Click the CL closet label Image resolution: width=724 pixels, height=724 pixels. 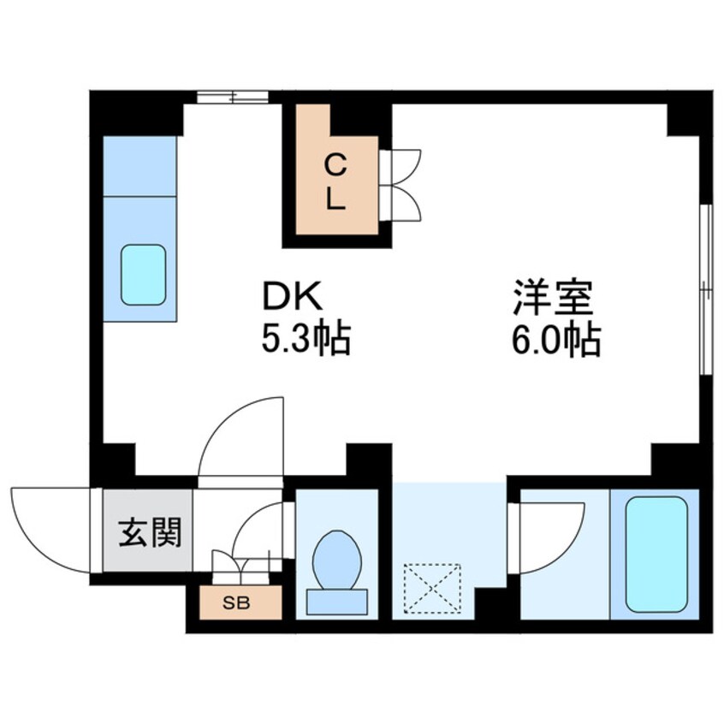(x=335, y=181)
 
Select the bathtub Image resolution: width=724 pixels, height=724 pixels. (x=656, y=553)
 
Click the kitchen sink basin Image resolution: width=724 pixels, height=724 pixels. (x=142, y=274)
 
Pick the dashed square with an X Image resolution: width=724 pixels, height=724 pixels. (x=432, y=588)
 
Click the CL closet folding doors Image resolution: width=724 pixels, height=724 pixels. (x=401, y=186)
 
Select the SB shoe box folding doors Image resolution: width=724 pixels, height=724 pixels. (x=242, y=565)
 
